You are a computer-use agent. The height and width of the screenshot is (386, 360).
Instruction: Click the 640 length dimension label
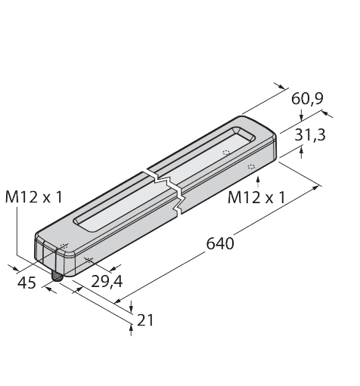[220, 244]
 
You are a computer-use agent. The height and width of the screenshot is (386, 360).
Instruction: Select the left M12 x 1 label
[34, 197]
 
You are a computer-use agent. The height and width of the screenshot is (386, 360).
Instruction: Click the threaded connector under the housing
[56, 278]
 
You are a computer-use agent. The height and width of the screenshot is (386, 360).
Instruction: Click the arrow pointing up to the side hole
[259, 178]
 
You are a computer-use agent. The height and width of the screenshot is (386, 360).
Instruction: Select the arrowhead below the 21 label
[132, 326]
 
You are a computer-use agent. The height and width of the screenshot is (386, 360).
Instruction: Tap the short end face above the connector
[51, 253]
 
